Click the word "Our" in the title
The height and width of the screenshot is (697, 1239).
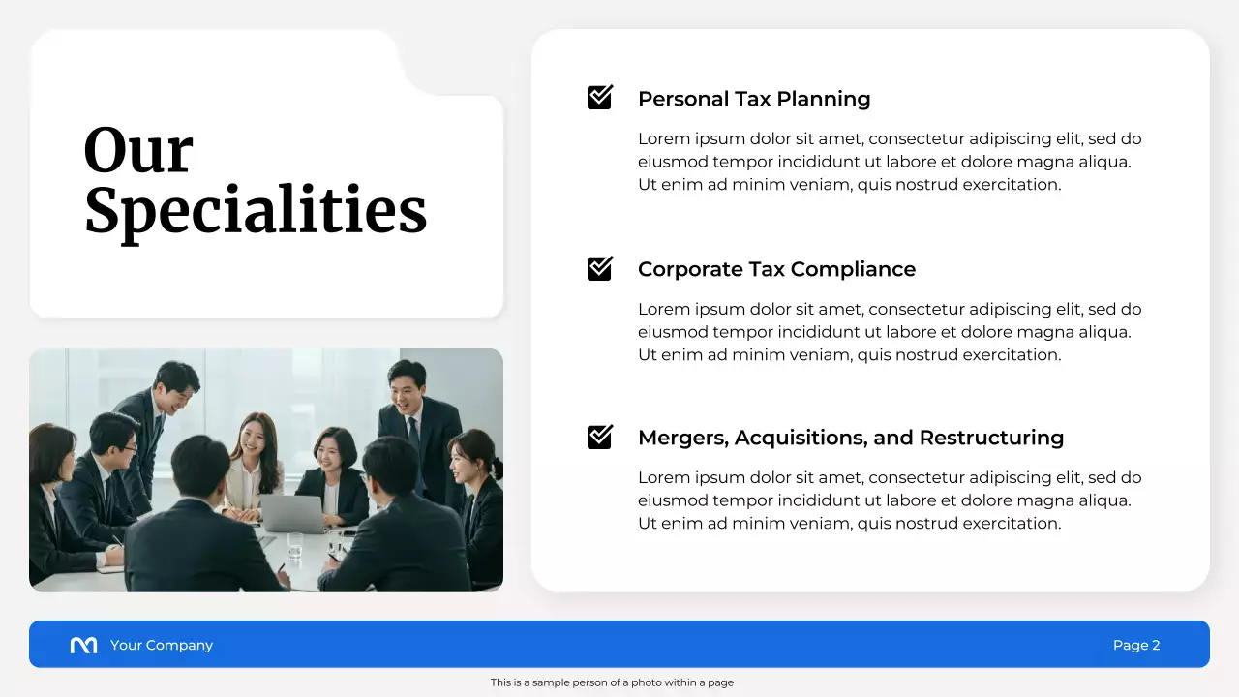pos(138,152)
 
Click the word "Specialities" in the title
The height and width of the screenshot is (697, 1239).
pos(256,211)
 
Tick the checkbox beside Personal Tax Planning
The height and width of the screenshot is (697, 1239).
pos(600,98)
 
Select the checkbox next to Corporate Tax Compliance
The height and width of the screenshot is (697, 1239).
pos(600,268)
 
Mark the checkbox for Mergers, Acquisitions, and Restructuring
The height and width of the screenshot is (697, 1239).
pos(600,437)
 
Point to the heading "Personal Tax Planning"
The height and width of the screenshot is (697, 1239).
pos(754,99)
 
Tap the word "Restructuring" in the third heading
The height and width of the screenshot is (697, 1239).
pos(991,438)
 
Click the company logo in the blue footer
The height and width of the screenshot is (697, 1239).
pos(84,645)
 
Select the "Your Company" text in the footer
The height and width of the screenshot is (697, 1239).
pos(162,645)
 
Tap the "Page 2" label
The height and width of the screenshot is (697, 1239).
pos(1136,645)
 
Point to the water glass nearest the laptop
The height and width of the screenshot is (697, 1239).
pos(295,544)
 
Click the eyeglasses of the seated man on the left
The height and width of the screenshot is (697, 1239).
pos(129,447)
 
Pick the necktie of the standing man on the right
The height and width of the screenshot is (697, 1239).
pos(415,437)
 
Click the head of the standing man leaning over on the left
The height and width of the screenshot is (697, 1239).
pos(176,379)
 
